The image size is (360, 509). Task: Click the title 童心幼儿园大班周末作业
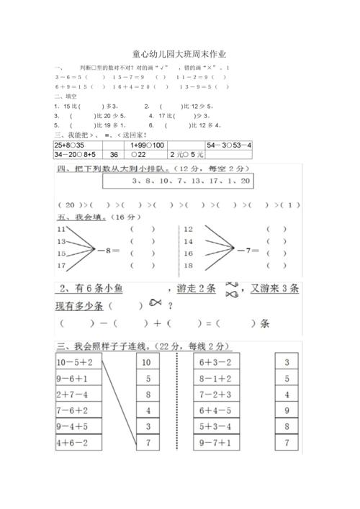[x=179, y=54]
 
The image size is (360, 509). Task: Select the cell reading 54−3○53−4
[x=229, y=145]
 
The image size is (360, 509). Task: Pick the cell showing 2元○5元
[x=187, y=154]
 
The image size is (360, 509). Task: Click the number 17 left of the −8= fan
[x=61, y=266]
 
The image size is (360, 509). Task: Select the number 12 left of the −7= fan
[x=189, y=229]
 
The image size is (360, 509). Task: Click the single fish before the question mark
[x=155, y=305]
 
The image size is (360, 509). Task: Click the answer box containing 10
[x=147, y=361]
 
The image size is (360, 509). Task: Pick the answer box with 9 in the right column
[x=287, y=410]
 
